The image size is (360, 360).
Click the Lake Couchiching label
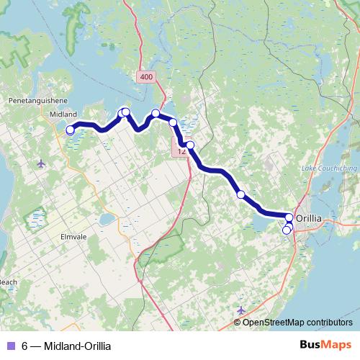[328, 168]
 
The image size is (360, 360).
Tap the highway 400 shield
[146, 76]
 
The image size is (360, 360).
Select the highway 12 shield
[180, 151]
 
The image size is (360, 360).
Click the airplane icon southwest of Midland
[41, 163]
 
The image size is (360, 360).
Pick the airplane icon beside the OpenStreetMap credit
[240, 310]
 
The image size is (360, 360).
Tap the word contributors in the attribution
[328, 322]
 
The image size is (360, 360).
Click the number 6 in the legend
[25, 346]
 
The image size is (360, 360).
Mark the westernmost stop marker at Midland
[70, 130]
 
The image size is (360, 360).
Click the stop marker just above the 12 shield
[190, 145]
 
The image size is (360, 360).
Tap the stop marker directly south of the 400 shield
[156, 113]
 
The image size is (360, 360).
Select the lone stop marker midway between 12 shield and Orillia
[240, 194]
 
